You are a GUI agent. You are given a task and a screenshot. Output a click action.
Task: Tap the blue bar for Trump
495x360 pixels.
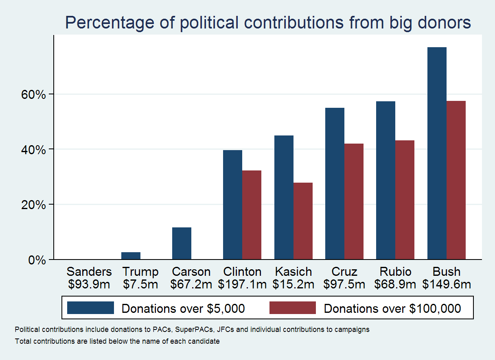131,256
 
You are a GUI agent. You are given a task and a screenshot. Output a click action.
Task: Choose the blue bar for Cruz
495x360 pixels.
335,183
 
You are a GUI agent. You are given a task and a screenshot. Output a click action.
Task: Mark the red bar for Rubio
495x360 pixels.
405,200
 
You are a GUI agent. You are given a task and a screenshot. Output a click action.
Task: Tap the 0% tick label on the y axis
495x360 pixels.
37,260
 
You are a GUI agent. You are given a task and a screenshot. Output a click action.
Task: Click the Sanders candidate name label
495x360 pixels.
89,272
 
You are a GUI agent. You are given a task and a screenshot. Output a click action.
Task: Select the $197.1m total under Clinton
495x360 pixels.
242,284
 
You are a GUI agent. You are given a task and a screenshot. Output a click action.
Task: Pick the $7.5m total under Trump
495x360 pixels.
140,284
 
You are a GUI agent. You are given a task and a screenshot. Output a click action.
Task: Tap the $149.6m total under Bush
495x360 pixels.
447,284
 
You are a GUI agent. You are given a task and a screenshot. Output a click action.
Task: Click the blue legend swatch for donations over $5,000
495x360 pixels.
90,308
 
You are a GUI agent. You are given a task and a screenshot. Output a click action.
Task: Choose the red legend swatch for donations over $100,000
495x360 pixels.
292,308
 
